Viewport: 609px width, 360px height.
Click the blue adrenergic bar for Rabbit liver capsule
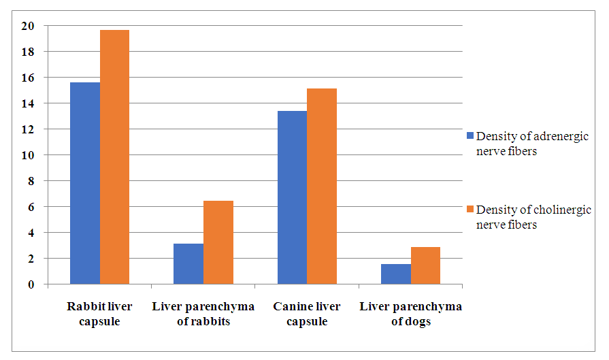(85, 183)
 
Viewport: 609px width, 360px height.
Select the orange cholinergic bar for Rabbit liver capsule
(114, 157)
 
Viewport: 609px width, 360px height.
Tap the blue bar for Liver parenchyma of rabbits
(188, 264)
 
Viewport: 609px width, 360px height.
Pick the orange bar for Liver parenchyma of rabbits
(218, 242)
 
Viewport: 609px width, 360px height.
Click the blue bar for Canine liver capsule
(292, 197)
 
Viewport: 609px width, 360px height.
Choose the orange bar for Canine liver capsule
(322, 186)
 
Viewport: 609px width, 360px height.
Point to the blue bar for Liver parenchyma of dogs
(396, 274)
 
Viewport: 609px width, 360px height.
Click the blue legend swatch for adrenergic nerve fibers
(470, 135)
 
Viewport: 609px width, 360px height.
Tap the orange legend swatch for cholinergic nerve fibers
(470, 208)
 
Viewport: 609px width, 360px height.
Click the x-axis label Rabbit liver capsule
(99, 314)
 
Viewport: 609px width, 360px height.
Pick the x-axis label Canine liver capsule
(307, 314)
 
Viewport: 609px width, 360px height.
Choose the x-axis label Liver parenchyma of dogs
(410, 314)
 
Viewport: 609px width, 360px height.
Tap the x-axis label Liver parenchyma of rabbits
(203, 314)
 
